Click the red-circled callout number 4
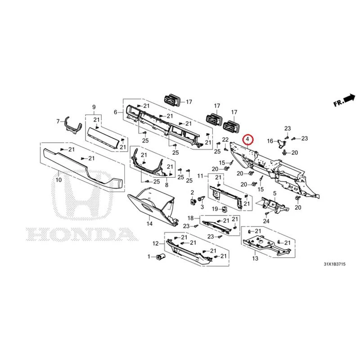(247, 139)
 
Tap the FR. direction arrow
(350, 98)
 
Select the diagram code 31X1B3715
(334, 264)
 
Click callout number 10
(59, 180)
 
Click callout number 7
(58, 121)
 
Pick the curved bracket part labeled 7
(73, 126)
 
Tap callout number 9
(94, 107)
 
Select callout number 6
(116, 112)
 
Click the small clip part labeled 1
(160, 256)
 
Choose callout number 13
(255, 258)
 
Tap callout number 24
(266, 221)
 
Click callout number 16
(270, 141)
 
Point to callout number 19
(215, 209)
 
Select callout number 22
(225, 139)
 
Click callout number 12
(156, 243)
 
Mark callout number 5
(274, 193)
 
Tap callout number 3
(202, 207)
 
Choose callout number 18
(191, 218)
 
